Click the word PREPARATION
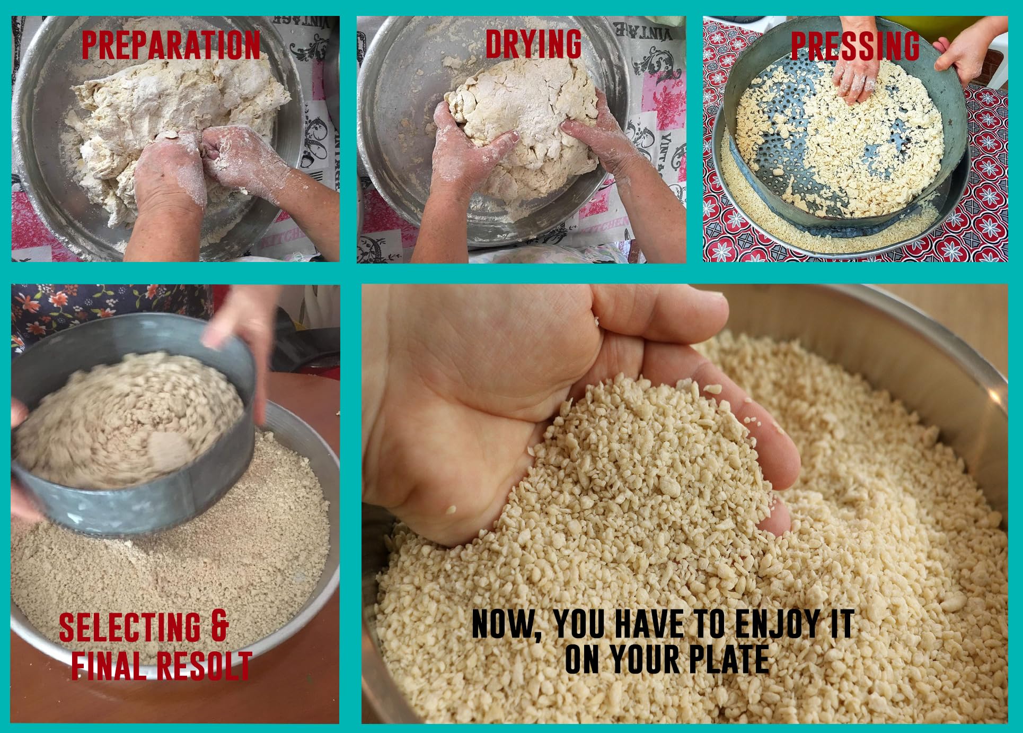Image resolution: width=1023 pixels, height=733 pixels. coord(171,45)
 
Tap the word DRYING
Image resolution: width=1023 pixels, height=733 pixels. coord(534,43)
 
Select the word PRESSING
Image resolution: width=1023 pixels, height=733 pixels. coord(855,46)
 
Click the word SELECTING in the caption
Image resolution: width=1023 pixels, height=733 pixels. coord(129,627)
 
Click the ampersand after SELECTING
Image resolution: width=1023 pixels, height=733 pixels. coord(219,627)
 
